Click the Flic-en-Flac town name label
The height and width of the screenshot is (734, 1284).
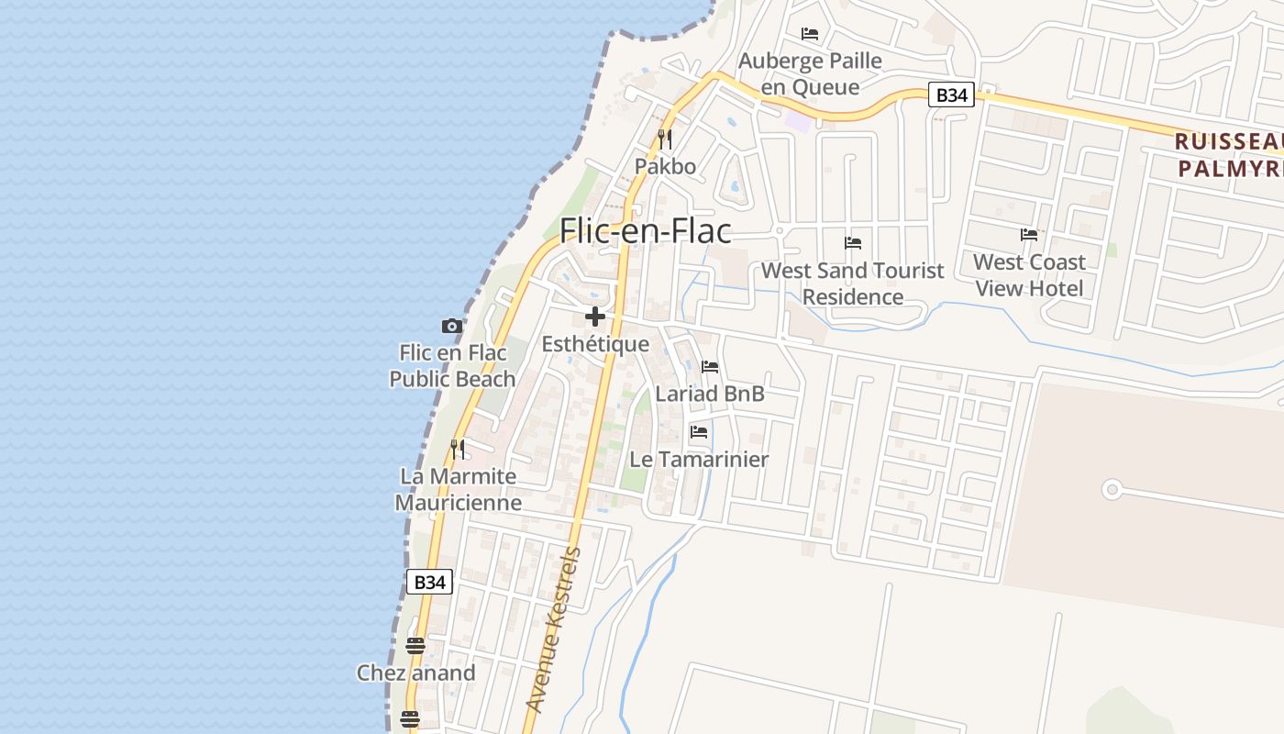point(646,230)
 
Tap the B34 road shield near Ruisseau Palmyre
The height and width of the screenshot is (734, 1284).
point(951,95)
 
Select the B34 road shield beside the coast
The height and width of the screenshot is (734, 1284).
point(429,582)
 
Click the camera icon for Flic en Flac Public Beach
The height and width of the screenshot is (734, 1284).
point(451,326)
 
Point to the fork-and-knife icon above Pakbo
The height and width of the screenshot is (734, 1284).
point(665,139)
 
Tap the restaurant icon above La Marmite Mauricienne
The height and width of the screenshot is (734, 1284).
point(458,449)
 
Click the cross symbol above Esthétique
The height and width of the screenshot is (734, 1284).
point(595,317)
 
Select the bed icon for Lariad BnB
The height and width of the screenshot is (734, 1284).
point(710,367)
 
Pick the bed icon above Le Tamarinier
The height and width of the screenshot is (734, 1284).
point(699,431)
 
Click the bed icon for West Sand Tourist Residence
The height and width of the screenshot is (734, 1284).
point(853,243)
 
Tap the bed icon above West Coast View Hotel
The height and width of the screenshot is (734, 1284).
point(1029,235)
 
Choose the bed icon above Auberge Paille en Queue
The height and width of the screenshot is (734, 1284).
point(810,34)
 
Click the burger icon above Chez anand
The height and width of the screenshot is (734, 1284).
point(415,646)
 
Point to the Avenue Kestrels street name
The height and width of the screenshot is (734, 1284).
point(554,629)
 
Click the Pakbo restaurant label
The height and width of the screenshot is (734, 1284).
point(665,167)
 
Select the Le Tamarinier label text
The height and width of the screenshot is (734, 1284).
point(699,459)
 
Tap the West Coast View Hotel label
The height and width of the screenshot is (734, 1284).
point(1029,275)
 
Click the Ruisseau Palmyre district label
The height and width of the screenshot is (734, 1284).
point(1229,155)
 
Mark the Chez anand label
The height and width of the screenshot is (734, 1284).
point(415,673)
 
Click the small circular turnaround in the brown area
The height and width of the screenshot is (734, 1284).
point(1112,490)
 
